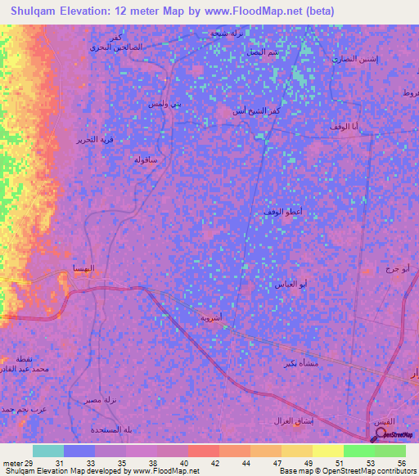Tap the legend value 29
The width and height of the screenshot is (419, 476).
pyautogui.click(x=29, y=462)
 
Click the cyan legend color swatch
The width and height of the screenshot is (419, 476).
pyautogui.click(x=47, y=451)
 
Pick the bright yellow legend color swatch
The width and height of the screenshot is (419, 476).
pyautogui.click(x=327, y=451)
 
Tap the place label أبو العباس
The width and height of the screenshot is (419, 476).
pyautogui.click(x=292, y=284)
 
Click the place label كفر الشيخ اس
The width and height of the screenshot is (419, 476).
pyautogui.click(x=247, y=110)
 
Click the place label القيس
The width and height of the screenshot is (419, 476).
pyautogui.click(x=381, y=420)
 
